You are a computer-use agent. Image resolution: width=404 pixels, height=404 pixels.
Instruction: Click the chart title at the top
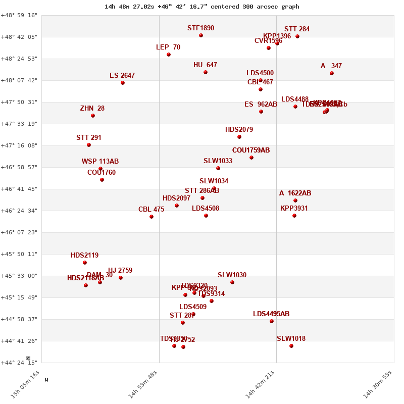pos(201,7)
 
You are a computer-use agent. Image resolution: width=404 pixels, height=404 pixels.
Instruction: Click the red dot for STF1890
pos(201,35)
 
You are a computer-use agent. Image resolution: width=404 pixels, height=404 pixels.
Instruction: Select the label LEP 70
pos(168,47)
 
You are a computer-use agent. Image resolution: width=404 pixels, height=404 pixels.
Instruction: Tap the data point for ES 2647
pos(123,83)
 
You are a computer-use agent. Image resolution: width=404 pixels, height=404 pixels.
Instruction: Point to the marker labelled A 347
pos(332,73)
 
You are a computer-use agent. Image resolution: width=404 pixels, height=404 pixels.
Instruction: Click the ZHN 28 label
pos(92,109)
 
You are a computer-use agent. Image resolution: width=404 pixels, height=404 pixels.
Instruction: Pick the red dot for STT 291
pos(89,145)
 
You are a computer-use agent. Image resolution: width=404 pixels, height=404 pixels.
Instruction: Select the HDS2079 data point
pos(239,137)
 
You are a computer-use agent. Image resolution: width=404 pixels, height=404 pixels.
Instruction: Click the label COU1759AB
pos(251,150)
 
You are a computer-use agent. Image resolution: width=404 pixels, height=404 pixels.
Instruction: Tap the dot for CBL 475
pos(151,217)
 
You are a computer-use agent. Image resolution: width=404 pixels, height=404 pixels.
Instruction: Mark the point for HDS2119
pos(85,263)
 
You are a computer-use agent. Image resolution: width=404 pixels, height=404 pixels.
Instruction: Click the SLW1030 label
pos(232,275)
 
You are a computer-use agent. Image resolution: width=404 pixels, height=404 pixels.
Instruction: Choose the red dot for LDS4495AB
pos(272,321)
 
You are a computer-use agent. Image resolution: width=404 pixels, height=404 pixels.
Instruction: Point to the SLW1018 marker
pos(291,346)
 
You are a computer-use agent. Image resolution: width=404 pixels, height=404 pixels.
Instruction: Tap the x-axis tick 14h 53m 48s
pos(143,384)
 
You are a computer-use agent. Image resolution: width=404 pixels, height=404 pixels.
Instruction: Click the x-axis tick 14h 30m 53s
pos(378,384)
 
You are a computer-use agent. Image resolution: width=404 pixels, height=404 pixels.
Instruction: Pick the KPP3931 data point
pos(294,216)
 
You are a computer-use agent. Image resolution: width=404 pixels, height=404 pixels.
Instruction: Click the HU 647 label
pos(205,65)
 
